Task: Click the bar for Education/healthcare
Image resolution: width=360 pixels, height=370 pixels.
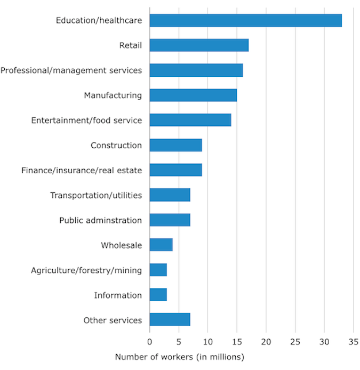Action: [x=245, y=20]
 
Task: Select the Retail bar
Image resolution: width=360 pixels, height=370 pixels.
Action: [x=199, y=45]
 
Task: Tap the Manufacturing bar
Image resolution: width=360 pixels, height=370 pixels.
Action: [x=193, y=95]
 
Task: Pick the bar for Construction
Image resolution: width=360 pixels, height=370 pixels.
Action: [x=175, y=145]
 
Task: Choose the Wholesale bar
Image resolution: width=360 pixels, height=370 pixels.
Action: [x=161, y=245]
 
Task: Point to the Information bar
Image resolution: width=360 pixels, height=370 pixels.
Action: [x=158, y=295]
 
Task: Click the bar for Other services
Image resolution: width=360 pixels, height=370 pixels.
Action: [x=170, y=320]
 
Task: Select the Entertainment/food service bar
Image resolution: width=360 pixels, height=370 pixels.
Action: [x=190, y=120]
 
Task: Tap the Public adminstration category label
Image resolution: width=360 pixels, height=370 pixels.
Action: [x=100, y=220]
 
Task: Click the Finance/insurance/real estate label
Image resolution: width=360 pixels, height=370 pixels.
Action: [x=82, y=171]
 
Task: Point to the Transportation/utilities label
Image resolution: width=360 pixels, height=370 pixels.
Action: [x=96, y=195]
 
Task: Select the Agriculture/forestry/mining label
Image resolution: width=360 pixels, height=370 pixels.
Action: [x=86, y=270]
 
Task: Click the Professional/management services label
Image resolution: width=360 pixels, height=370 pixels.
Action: [x=71, y=70]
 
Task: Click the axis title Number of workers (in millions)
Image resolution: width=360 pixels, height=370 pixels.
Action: [x=179, y=357]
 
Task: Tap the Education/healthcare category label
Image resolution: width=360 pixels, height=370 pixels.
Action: [x=99, y=20]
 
